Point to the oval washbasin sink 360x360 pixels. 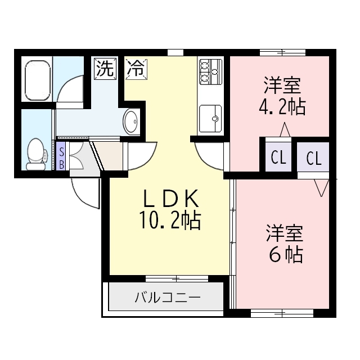click(131, 121)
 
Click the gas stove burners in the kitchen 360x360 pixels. click(210, 71)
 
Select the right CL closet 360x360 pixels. click(314, 158)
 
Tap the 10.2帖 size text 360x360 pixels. click(169, 221)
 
